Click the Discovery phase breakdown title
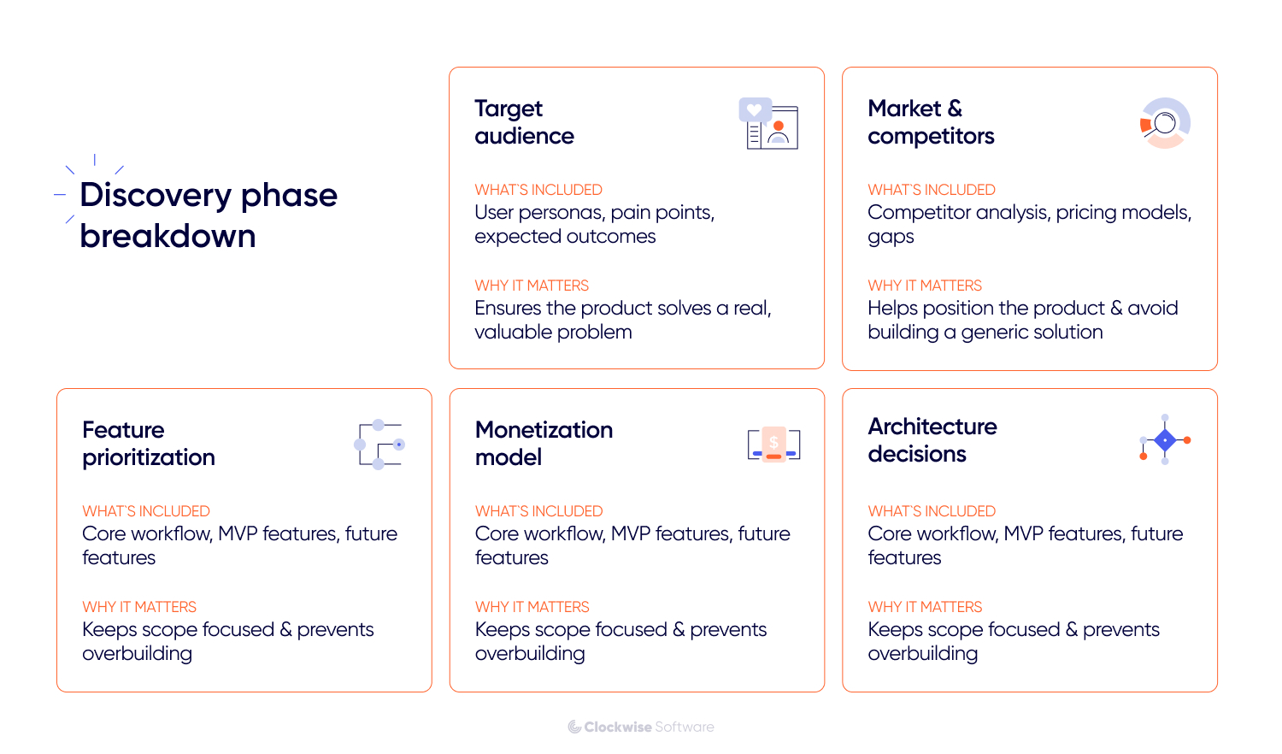coord(209,215)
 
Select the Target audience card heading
coord(524,122)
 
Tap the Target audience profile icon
coord(768,124)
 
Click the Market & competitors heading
coord(930,122)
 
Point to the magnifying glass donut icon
coord(1165,123)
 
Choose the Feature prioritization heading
coord(148,444)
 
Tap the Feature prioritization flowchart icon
coord(379,445)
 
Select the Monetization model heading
coord(544,444)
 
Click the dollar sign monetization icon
coord(773,444)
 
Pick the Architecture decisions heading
coord(932,440)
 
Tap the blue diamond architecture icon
coord(1165,440)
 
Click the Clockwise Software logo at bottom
coord(641,727)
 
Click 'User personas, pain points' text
coord(594,212)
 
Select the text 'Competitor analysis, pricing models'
coord(1029,212)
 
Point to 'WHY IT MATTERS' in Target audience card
coord(532,286)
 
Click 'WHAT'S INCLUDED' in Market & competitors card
coord(932,190)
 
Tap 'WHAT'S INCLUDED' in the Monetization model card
coord(538,511)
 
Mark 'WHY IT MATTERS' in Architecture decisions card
coord(925,607)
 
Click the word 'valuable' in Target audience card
coord(511,332)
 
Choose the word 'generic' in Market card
coord(991,332)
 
